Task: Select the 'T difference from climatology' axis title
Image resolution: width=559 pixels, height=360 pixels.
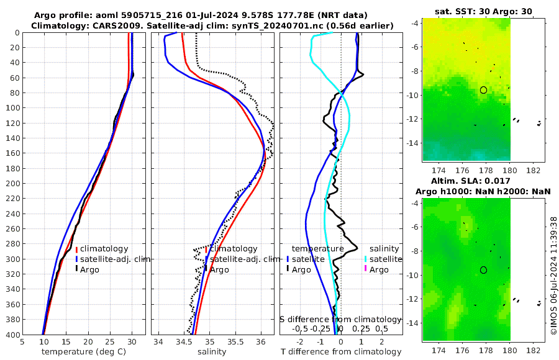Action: (340, 352)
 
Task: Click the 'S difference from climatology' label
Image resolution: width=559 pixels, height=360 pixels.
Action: (340, 319)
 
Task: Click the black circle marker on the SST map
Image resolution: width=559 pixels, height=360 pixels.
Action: (483, 90)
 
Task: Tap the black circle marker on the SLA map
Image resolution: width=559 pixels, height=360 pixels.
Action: (483, 270)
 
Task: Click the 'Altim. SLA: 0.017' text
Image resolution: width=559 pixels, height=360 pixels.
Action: (483, 181)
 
